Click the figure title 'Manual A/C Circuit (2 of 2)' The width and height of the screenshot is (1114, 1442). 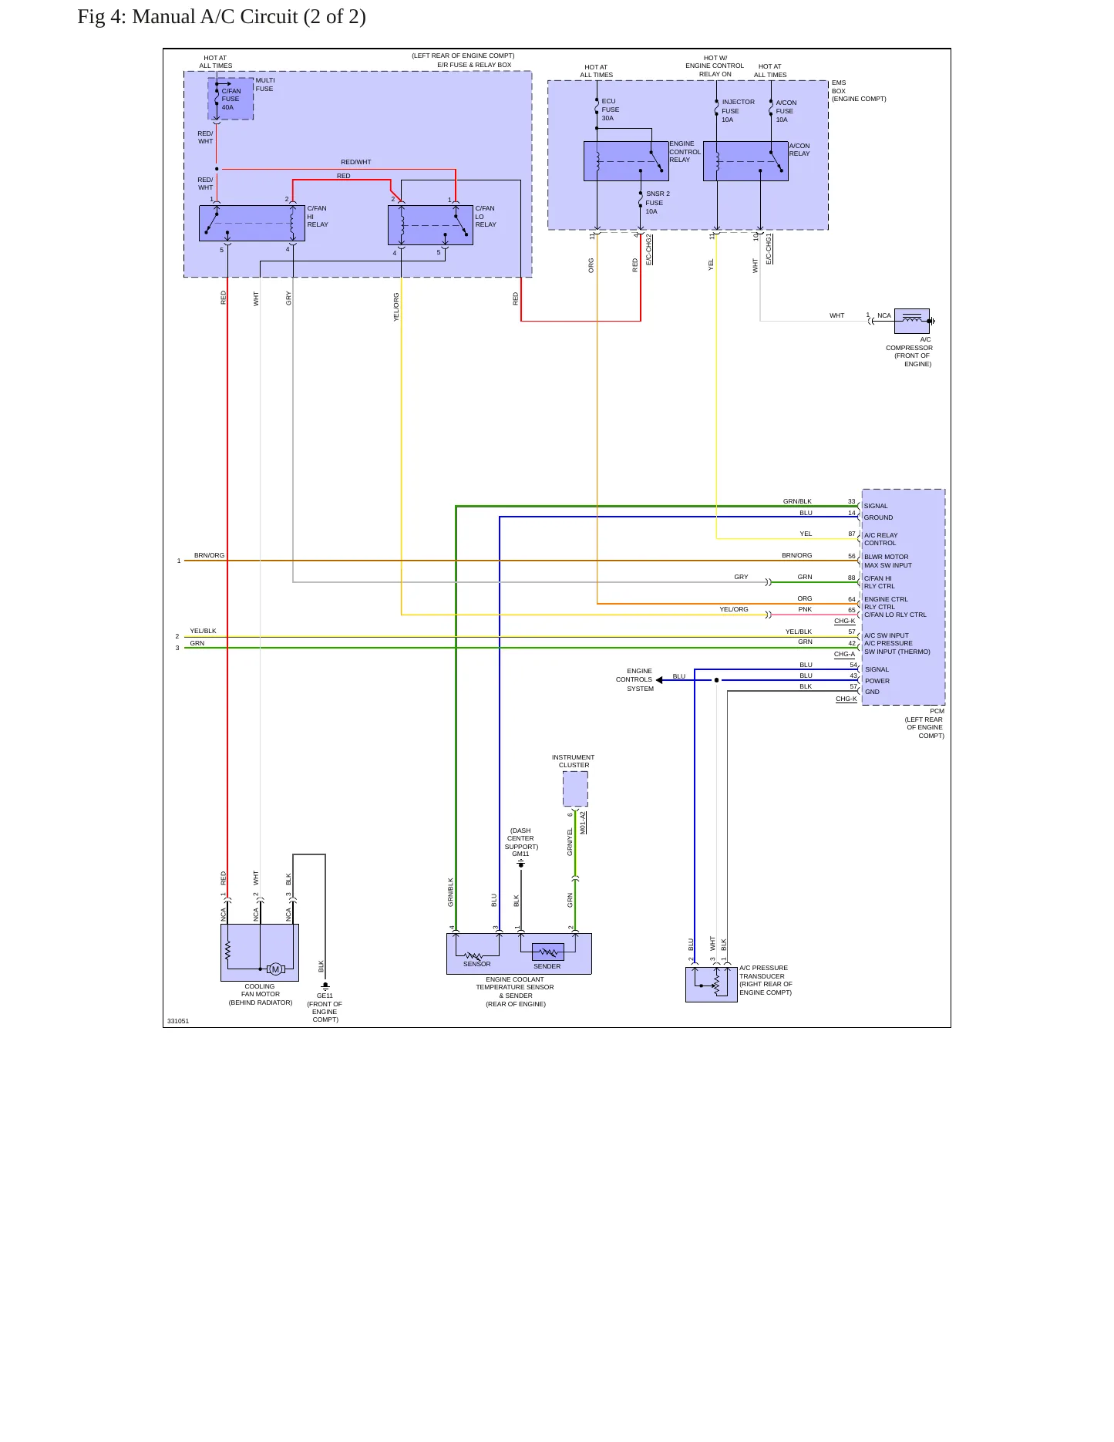(x=249, y=17)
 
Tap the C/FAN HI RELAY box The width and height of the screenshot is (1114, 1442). (x=252, y=224)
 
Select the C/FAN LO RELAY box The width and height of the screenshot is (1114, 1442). (x=430, y=225)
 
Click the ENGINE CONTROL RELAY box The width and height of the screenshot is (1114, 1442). (x=626, y=161)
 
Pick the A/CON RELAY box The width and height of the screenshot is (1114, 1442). (x=745, y=161)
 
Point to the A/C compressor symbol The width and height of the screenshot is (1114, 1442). (x=912, y=321)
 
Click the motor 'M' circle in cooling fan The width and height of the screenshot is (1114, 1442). (x=275, y=969)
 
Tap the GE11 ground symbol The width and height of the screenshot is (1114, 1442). (x=325, y=986)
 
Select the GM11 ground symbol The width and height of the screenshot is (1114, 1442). (x=521, y=864)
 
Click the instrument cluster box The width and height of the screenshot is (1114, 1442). (x=575, y=789)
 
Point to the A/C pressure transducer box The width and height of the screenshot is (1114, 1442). (x=712, y=985)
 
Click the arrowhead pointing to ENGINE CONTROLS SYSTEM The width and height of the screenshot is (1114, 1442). (x=659, y=680)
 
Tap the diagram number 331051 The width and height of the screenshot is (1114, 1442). (x=178, y=1021)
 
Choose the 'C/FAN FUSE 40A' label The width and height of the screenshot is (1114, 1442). (x=231, y=99)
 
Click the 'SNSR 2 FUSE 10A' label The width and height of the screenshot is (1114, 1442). (x=658, y=203)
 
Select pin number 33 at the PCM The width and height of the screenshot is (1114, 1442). (x=852, y=501)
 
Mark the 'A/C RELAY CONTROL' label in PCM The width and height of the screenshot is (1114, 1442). (x=881, y=539)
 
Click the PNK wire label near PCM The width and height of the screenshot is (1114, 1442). (x=805, y=609)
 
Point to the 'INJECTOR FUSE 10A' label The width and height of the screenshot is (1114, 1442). (x=738, y=110)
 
